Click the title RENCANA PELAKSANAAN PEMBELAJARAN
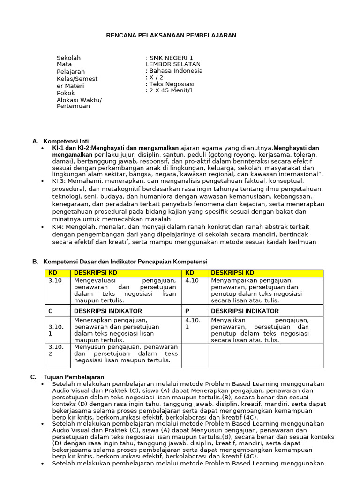coord(171,35)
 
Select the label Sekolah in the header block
coord(68,58)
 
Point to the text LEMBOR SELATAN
coord(173,64)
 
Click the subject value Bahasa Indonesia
coord(176,71)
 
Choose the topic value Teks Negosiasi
coord(172,84)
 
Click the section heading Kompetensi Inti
coord(66,141)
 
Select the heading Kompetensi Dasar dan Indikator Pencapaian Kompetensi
coord(125,262)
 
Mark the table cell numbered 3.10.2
coord(56,350)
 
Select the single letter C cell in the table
coord(51,311)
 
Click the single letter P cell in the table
coord(187,311)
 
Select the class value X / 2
coord(156,77)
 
